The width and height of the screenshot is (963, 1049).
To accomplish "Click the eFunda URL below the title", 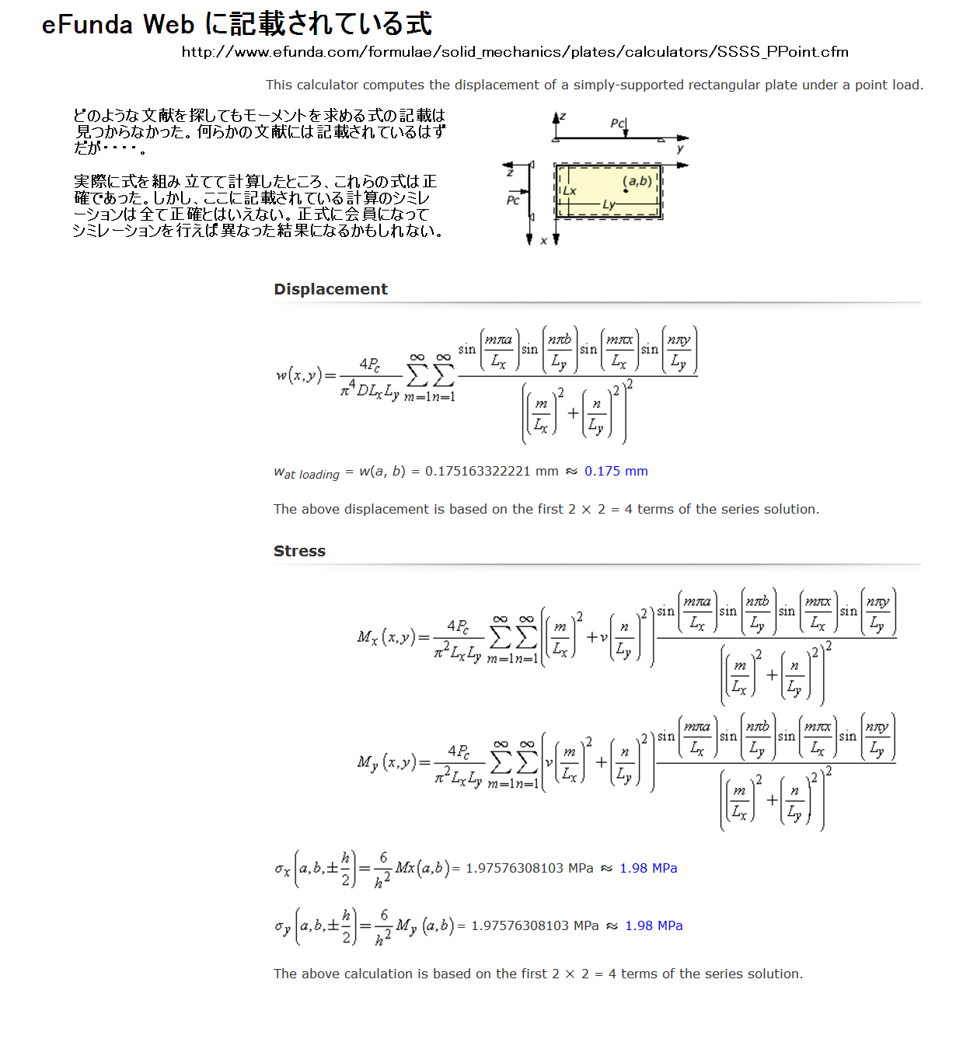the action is [x=515, y=52].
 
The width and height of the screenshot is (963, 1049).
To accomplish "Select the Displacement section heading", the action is [x=330, y=289].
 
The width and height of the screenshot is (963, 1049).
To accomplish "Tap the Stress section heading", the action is [x=299, y=551].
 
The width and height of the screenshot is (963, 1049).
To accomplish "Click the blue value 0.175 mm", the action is [x=616, y=471].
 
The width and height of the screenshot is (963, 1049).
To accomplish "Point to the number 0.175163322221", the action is [x=477, y=471].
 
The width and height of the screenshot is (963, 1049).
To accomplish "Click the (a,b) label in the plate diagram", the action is [x=637, y=181].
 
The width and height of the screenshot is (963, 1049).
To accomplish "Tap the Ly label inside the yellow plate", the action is [x=609, y=204].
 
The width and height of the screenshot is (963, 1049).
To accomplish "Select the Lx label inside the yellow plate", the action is [x=569, y=191].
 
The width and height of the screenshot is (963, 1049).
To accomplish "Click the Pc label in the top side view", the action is [x=617, y=124].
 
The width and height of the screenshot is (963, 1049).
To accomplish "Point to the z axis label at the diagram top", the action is [x=563, y=116].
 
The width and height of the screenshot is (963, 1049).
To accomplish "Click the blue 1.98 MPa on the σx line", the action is [x=648, y=868].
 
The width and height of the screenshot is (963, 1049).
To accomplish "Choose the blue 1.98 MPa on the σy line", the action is [x=654, y=925].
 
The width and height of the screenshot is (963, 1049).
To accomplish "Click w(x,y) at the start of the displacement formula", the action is [x=298, y=375].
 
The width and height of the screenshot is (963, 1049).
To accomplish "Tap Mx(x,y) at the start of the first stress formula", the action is [x=386, y=637].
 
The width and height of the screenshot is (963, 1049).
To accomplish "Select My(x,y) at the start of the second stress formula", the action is [x=386, y=762].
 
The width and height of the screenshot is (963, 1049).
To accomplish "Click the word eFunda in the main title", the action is [x=87, y=25].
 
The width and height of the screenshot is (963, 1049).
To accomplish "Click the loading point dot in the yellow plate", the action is [x=626, y=191].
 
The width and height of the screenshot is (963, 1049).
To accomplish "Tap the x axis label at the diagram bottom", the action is [x=543, y=241].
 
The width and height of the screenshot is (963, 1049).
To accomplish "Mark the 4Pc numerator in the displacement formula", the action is [x=369, y=364].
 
